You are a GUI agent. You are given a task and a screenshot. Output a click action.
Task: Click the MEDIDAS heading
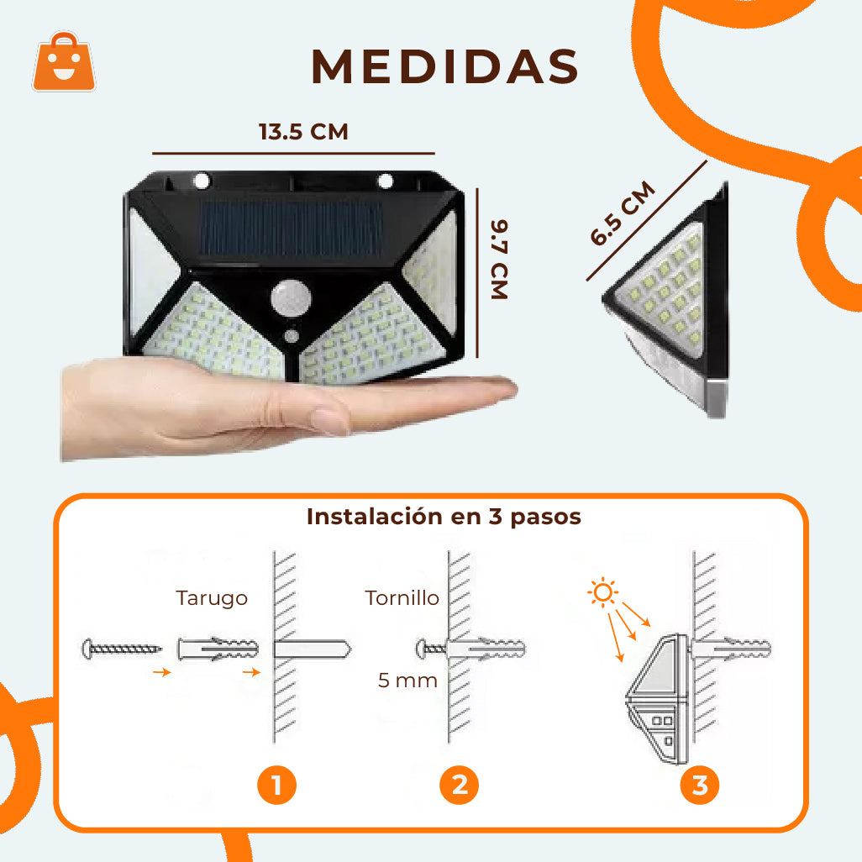(x=444, y=66)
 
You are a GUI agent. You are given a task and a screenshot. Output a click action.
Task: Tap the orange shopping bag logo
(x=64, y=61)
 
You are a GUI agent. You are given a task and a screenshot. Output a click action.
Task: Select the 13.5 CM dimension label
(x=303, y=132)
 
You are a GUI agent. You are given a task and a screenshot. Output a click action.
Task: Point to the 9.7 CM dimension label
(x=499, y=260)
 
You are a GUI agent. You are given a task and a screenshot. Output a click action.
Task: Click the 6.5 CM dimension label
(x=623, y=213)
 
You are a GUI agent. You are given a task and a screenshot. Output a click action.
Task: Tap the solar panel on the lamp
(x=291, y=228)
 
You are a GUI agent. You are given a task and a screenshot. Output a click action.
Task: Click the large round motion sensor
(x=291, y=298)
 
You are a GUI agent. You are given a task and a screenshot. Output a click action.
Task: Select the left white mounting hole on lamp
(x=201, y=181)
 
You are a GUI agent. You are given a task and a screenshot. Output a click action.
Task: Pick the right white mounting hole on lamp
(x=386, y=181)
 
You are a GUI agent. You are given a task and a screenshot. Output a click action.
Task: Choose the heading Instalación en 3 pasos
(x=444, y=517)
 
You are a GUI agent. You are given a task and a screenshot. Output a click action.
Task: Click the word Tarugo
(x=212, y=598)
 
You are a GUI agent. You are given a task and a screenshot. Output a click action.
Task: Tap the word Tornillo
(x=402, y=597)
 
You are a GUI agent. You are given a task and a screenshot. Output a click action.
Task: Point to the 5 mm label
(x=407, y=681)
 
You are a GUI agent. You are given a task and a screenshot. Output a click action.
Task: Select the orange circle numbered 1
(x=276, y=785)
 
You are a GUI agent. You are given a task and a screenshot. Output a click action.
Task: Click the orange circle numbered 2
(x=459, y=785)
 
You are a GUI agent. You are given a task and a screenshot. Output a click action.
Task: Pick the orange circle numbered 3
(x=699, y=785)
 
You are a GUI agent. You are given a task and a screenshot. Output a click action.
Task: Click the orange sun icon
(x=603, y=592)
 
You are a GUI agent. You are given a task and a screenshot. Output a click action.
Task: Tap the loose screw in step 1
(x=122, y=649)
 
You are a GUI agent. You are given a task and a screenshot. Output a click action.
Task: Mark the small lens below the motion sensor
(x=292, y=336)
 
